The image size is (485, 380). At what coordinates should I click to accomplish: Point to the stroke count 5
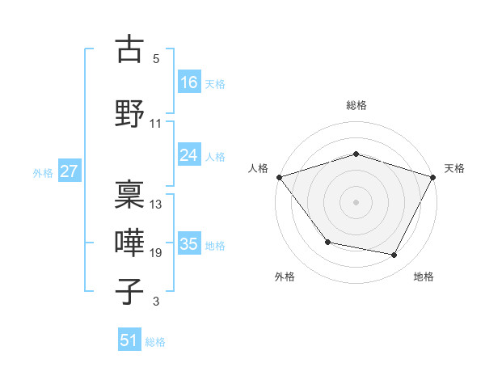point(156,59)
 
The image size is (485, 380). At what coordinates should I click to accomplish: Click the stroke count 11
point(156,124)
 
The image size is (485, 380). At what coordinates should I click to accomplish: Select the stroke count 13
point(156,205)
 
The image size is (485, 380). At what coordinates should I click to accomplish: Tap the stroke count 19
point(156,253)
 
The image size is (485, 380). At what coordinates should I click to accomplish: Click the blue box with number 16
point(189,82)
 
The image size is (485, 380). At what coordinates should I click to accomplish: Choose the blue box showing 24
point(189,155)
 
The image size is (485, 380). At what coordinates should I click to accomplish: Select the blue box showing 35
point(189,244)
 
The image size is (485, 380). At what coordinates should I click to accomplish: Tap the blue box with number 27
point(70,171)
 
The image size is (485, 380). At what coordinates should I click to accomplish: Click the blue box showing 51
point(129,340)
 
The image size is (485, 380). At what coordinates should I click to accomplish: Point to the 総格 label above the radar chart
point(356,105)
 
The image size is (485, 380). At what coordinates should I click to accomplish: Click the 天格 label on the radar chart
point(454,168)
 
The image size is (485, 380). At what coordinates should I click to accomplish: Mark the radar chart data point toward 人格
point(279,177)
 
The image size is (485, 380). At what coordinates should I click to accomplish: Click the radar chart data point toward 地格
point(394,255)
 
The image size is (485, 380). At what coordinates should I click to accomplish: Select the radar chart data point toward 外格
point(327,242)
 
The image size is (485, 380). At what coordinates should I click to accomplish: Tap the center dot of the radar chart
point(356,201)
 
